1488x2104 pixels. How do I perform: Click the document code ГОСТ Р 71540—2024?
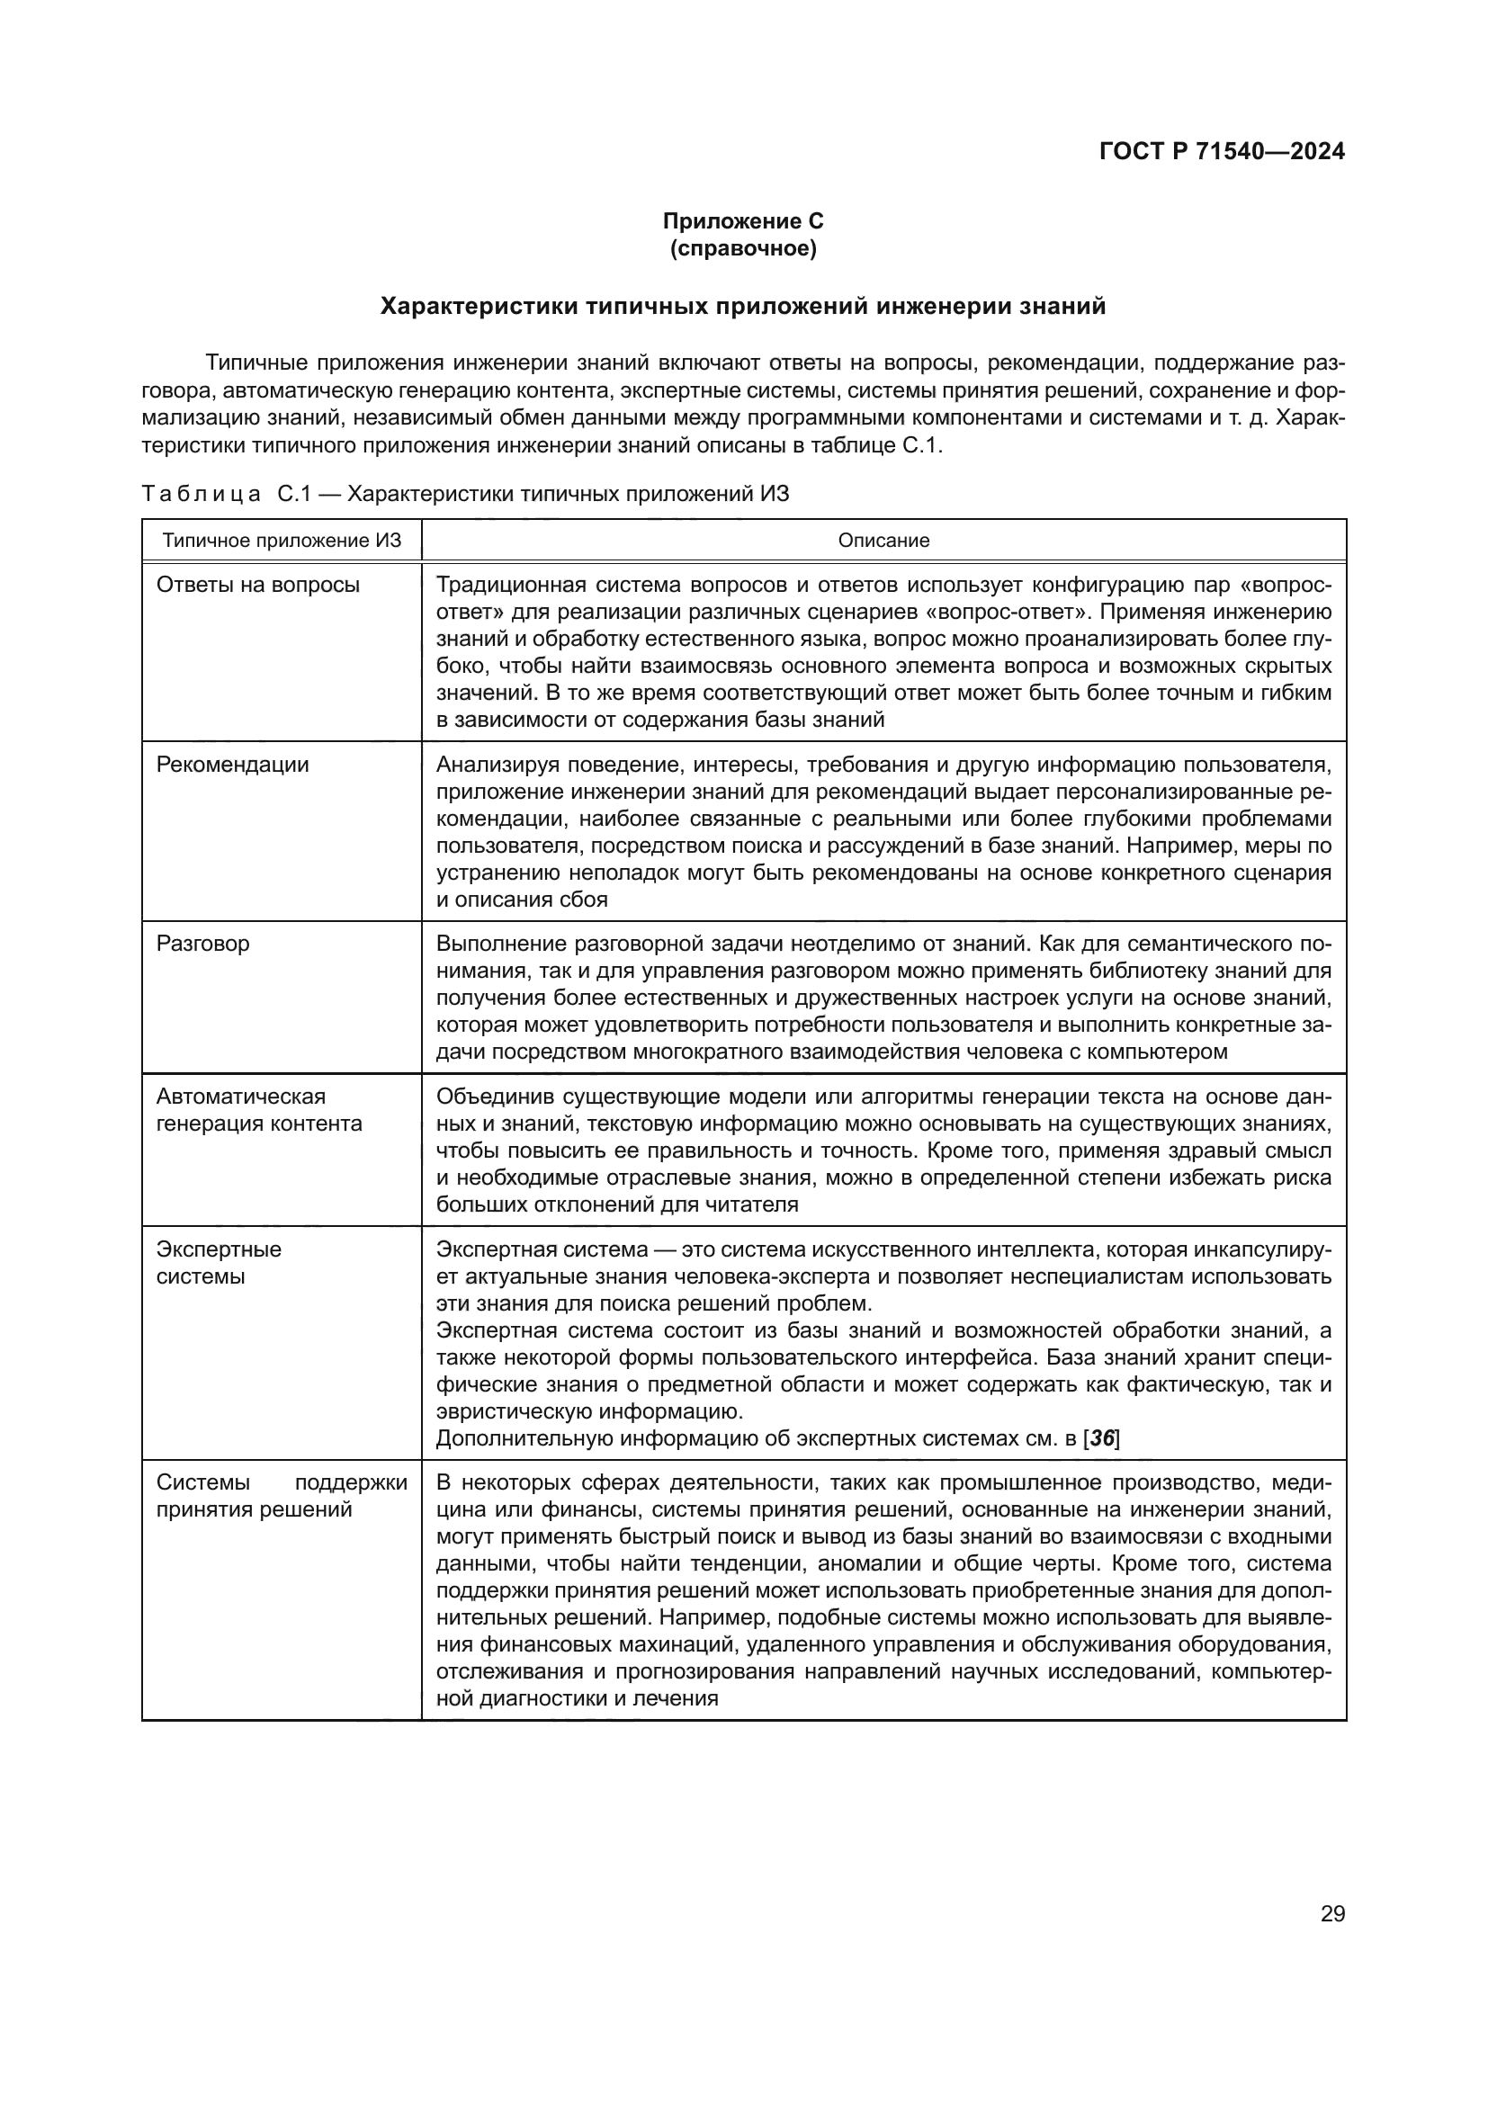(x=1222, y=152)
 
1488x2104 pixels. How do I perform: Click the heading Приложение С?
(x=743, y=221)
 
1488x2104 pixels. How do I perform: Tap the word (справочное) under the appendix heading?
(x=743, y=248)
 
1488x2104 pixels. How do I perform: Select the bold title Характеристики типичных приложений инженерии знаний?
(x=743, y=306)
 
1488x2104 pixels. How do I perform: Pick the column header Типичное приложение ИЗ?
(x=282, y=541)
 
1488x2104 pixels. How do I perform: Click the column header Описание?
(x=883, y=541)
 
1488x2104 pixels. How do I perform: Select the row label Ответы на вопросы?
(x=257, y=585)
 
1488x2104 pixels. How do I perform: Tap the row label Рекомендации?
(x=233, y=765)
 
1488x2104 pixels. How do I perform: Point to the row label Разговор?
(x=202, y=944)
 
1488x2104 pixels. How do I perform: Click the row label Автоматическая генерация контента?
(x=259, y=1110)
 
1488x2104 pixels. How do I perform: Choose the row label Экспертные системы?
(x=218, y=1263)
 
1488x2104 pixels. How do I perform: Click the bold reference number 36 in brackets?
(x=1101, y=1438)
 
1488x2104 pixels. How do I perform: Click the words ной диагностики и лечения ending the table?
(x=577, y=1698)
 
